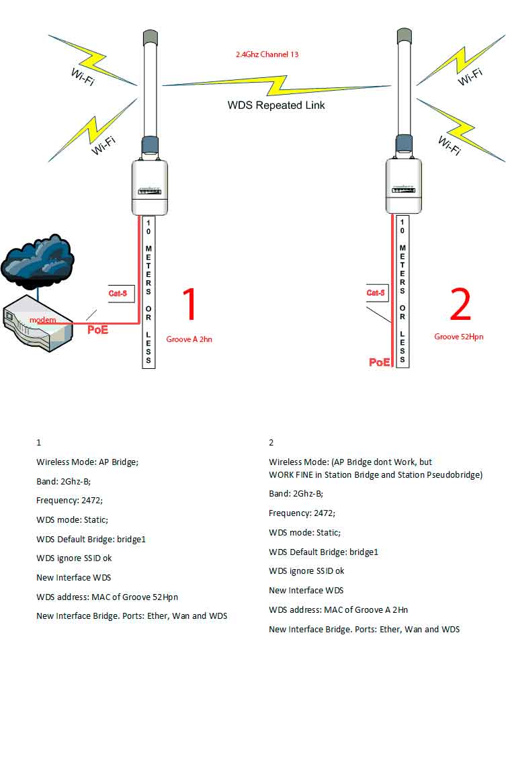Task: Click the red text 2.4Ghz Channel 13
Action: click(x=267, y=54)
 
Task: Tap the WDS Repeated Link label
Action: click(x=276, y=105)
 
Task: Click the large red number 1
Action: click(x=190, y=304)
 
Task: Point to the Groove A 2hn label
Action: click(x=189, y=339)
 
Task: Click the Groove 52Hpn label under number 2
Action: click(x=459, y=337)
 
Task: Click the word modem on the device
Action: click(x=42, y=320)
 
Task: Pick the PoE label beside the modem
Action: click(x=98, y=330)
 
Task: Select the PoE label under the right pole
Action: click(x=379, y=362)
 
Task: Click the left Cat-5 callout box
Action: click(x=118, y=293)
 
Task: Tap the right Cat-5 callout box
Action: click(x=376, y=292)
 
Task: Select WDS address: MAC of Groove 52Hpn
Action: click(x=107, y=597)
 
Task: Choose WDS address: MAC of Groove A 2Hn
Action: click(x=338, y=609)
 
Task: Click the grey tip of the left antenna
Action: click(x=150, y=36)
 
